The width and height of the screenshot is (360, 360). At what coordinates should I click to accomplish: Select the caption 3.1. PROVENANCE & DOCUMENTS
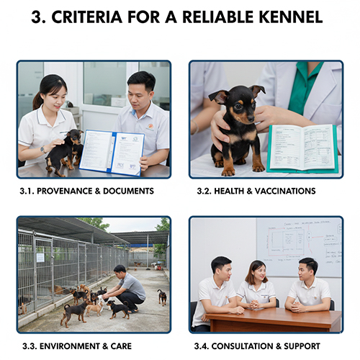click(x=86, y=191)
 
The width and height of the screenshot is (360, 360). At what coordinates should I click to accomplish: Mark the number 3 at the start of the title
click(x=37, y=17)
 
